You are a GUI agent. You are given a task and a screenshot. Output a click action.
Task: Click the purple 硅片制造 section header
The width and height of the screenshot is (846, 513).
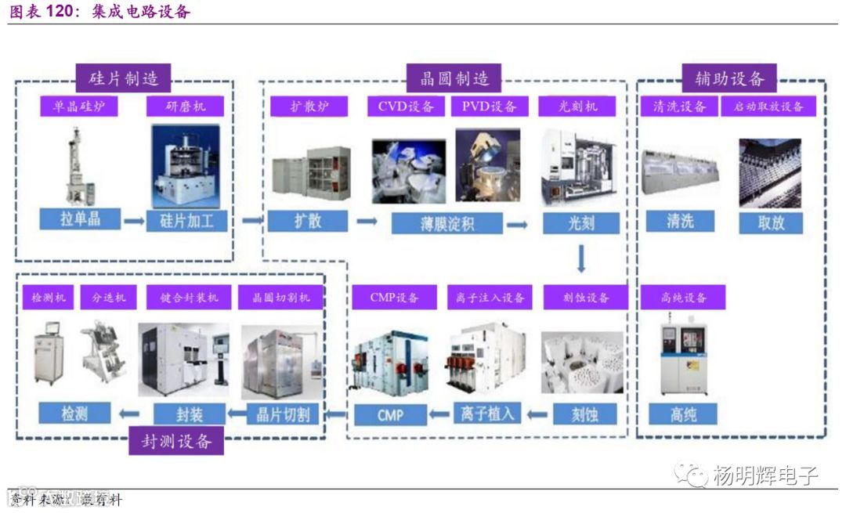(x=124, y=78)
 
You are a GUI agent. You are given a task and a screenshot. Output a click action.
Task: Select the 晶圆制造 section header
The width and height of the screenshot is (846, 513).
(x=454, y=78)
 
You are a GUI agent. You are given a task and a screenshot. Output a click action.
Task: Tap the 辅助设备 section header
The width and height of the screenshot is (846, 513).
(x=729, y=78)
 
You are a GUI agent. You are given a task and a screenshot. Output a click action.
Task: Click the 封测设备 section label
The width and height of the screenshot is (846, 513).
(x=176, y=440)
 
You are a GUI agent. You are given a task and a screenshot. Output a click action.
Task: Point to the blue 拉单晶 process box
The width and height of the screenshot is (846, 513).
(x=80, y=220)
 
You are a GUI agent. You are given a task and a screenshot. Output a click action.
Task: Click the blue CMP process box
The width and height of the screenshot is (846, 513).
(x=389, y=414)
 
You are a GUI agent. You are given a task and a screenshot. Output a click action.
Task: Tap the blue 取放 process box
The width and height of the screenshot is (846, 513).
(x=771, y=222)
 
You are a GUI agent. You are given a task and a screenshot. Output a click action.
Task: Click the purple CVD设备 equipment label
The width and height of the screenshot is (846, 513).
(x=406, y=107)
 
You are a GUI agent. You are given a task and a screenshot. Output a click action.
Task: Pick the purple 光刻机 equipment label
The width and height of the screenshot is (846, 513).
(x=577, y=107)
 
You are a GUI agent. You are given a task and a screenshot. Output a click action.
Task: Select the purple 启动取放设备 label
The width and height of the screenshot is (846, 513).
(x=768, y=107)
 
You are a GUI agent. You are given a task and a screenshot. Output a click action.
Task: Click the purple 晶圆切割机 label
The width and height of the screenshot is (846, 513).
(x=281, y=298)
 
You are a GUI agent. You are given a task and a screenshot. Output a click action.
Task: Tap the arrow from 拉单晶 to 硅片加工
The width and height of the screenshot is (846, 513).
(x=134, y=222)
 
